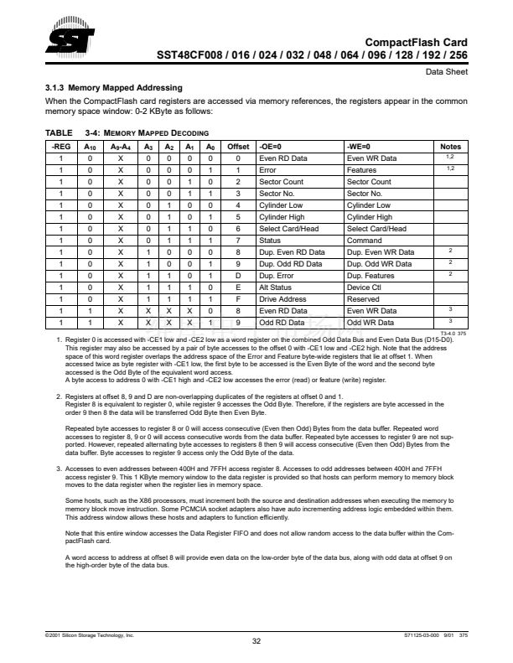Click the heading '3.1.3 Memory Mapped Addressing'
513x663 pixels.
(113, 87)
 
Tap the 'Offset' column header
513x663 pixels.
(238, 146)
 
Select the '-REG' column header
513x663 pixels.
(62, 146)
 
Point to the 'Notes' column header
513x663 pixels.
(450, 146)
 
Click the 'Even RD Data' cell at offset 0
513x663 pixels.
(279, 158)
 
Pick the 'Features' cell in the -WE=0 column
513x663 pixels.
(362, 169)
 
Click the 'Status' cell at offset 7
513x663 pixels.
(269, 240)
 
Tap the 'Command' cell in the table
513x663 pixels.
(365, 240)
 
